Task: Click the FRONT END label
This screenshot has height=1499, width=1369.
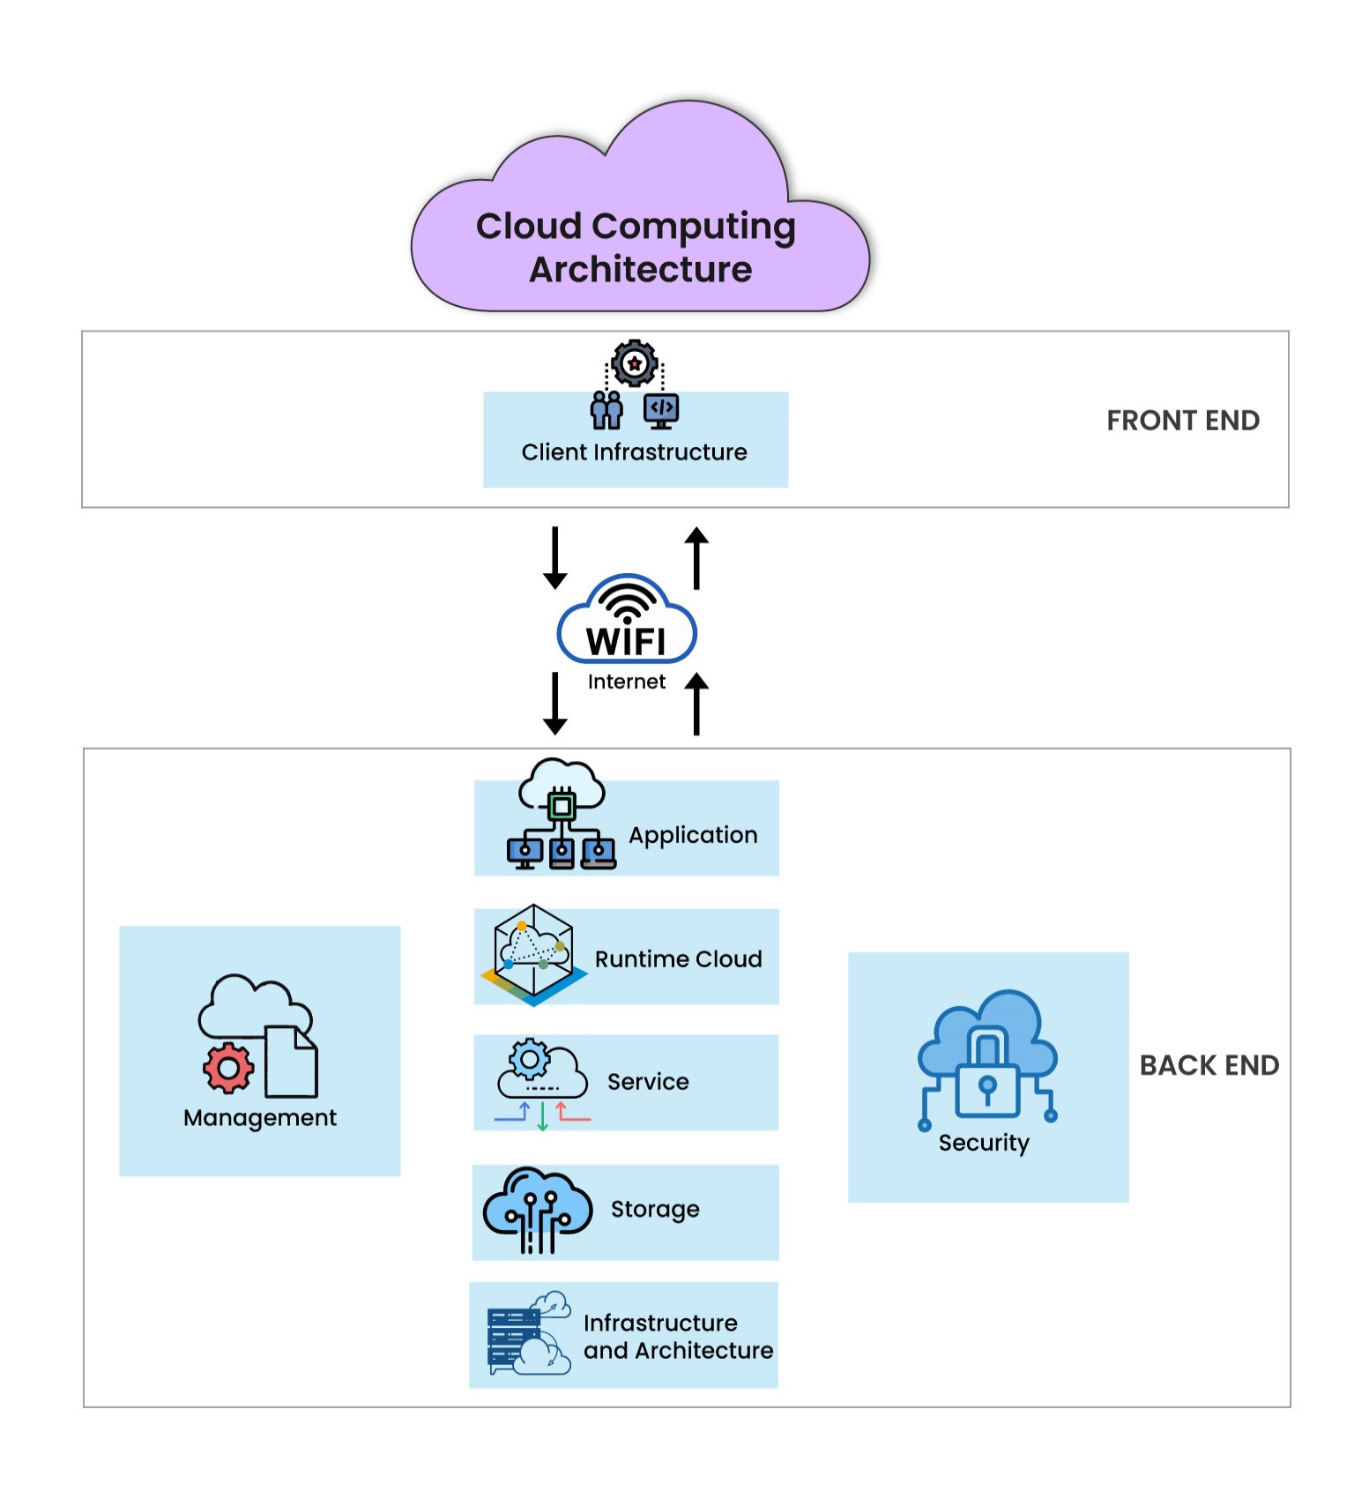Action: (1182, 421)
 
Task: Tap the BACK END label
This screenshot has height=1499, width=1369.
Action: (1209, 1065)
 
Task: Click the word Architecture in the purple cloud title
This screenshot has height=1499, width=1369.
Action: (640, 270)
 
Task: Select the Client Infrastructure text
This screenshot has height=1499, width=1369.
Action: (634, 452)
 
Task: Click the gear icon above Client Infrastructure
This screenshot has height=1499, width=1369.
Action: (635, 362)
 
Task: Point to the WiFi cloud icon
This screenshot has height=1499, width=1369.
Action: (627, 621)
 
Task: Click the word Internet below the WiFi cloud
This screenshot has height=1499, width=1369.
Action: (626, 682)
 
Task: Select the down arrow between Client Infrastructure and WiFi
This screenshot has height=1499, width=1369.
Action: (554, 558)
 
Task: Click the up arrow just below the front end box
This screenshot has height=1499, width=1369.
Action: (696, 558)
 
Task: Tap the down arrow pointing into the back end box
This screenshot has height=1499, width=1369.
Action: (554, 704)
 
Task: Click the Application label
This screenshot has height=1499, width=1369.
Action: (693, 835)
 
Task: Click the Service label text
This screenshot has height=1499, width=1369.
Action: (648, 1082)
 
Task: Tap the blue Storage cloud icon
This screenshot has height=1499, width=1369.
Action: (537, 1207)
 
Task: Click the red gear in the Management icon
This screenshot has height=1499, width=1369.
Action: (228, 1068)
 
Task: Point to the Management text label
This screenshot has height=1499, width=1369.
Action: (260, 1118)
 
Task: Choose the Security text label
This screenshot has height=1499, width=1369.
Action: (984, 1143)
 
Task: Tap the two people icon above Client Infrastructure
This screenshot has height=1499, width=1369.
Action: (606, 410)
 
